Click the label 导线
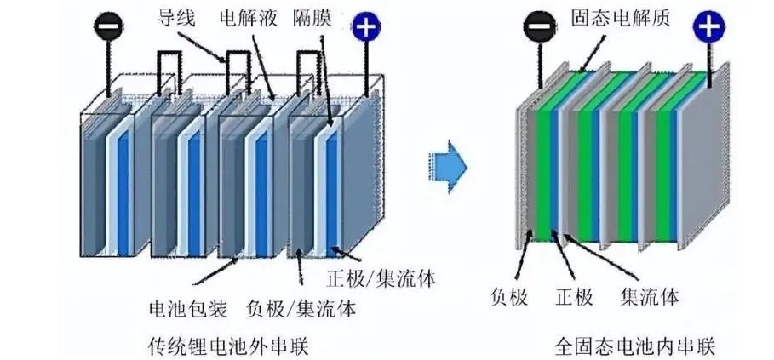[x=176, y=18]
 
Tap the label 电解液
[x=249, y=18]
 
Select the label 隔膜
[x=312, y=18]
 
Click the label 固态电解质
[x=621, y=18]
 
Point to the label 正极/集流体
[x=381, y=278]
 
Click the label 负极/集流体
[x=301, y=310]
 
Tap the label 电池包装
[x=188, y=310]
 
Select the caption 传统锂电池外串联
[x=228, y=346]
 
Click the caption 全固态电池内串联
[x=635, y=346]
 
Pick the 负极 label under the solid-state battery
[x=509, y=297]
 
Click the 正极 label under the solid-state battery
[x=575, y=297]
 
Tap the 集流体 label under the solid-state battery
[x=650, y=297]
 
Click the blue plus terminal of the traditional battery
[x=365, y=27]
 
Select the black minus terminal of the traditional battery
[x=108, y=27]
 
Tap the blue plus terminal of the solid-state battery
[x=708, y=26]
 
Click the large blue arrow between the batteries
[x=448, y=167]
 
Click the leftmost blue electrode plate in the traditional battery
[x=123, y=192]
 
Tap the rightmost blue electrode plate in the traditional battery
[x=332, y=192]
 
